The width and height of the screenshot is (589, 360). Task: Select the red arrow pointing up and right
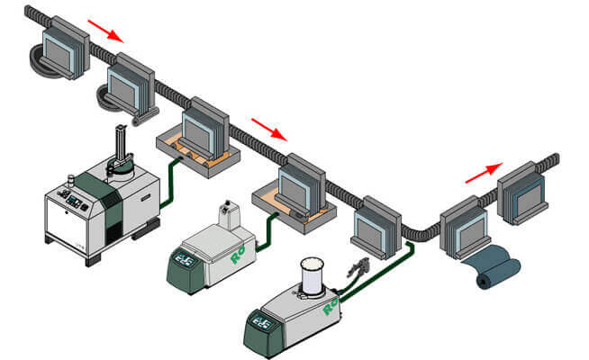[x=484, y=172]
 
